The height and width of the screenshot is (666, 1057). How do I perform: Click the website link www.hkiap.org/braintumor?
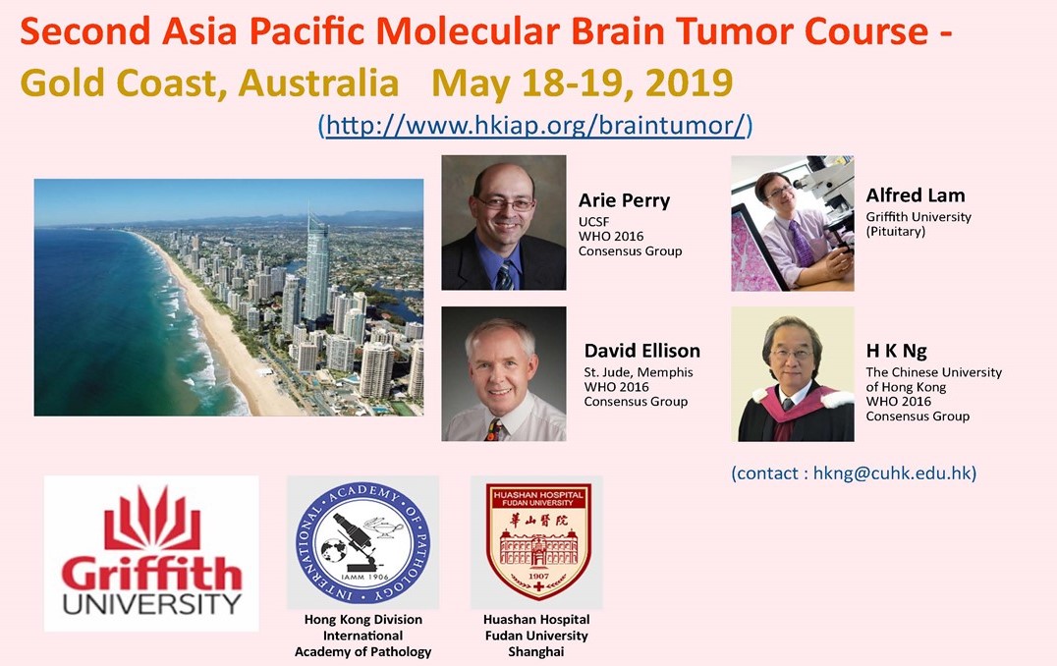535,126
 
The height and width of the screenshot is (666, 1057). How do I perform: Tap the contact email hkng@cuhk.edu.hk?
893,473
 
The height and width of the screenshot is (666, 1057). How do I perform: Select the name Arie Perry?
624,200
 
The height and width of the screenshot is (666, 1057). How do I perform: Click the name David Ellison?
641,351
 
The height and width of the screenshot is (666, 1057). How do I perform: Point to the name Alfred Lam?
916,195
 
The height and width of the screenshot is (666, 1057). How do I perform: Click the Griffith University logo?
151,553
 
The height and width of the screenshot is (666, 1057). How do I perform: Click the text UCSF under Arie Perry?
594,221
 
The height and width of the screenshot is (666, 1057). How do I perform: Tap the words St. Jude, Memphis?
639,372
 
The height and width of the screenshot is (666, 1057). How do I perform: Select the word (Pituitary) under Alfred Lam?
895,232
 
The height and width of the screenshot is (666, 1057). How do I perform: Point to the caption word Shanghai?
536,652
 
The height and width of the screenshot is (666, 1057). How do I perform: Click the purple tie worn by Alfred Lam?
801,244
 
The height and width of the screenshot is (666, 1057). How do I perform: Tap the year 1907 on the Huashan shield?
538,577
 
